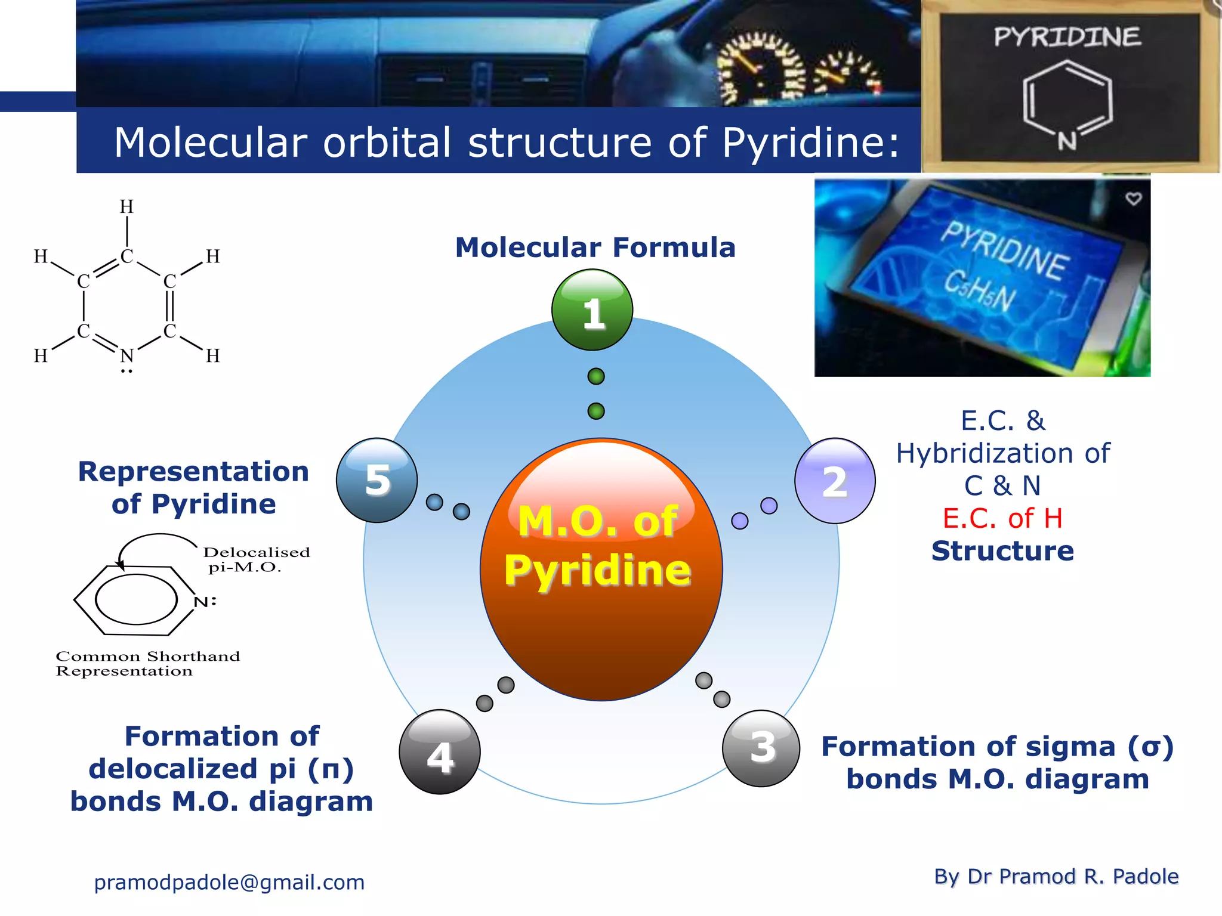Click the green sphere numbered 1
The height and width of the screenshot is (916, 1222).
[592, 310]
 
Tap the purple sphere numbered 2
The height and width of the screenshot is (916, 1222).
[835, 481]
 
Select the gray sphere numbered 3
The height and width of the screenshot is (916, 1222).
[761, 748]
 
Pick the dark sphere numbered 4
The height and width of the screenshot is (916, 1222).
[440, 752]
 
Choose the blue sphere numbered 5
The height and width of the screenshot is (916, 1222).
[377, 480]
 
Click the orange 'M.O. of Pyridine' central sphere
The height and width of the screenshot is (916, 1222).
[601, 570]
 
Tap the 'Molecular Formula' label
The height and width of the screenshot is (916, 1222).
[595, 247]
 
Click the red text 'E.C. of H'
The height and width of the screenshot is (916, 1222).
[1002, 518]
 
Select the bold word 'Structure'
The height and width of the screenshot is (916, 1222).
[1002, 551]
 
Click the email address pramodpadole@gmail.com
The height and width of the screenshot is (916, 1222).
[229, 882]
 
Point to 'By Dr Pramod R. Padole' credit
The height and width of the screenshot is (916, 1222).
[1056, 876]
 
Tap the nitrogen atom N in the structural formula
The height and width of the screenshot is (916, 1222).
[126, 356]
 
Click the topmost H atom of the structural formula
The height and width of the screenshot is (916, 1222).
[126, 207]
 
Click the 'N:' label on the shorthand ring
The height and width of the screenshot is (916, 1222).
[205, 601]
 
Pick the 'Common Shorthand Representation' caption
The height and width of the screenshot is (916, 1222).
[147, 663]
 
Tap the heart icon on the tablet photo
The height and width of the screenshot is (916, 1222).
[1133, 199]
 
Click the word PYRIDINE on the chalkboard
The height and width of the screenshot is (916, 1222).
[1067, 37]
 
